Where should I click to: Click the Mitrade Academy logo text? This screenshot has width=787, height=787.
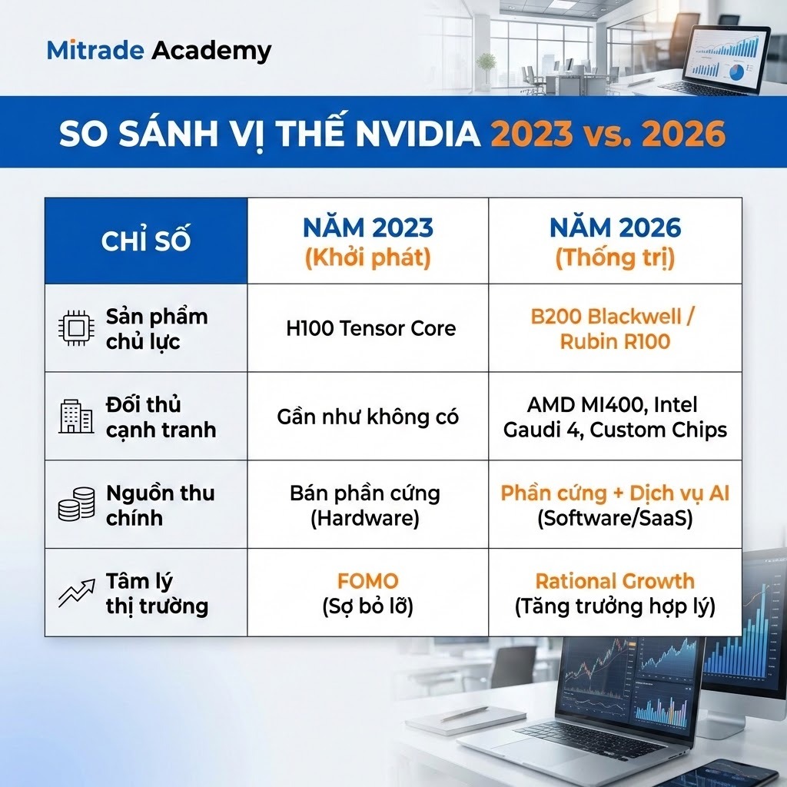pyautogui.click(x=159, y=51)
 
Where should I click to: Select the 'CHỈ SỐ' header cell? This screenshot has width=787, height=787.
pyautogui.click(x=146, y=241)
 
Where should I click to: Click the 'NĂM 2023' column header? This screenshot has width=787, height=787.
pyautogui.click(x=367, y=228)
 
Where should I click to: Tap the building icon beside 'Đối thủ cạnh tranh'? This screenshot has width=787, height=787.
pyautogui.click(x=76, y=417)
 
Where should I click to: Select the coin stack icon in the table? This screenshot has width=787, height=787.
pyautogui.click(x=76, y=505)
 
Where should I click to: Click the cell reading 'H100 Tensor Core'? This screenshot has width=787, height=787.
pyautogui.click(x=370, y=328)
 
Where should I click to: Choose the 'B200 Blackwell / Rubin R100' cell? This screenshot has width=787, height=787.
pyautogui.click(x=615, y=329)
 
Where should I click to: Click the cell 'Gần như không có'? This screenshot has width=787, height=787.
pyautogui.click(x=367, y=417)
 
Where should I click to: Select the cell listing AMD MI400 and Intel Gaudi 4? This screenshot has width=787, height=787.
pyautogui.click(x=615, y=417)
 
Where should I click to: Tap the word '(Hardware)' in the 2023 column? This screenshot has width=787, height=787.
pyautogui.click(x=365, y=519)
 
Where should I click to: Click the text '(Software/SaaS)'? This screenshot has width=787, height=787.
pyautogui.click(x=615, y=519)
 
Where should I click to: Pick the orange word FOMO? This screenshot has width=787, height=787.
pyautogui.click(x=367, y=582)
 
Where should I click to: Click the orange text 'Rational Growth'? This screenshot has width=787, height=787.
pyautogui.click(x=615, y=582)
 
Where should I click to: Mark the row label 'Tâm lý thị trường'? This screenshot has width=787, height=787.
pyautogui.click(x=157, y=593)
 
